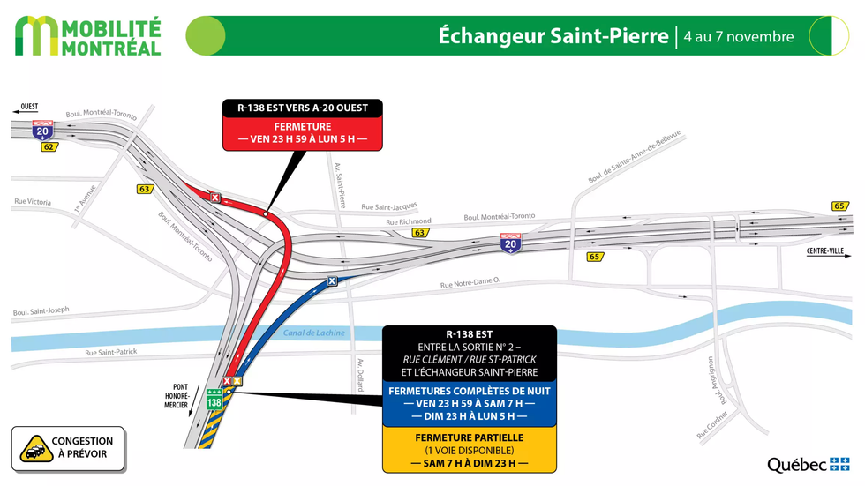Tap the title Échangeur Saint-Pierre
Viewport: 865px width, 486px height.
(x=553, y=36)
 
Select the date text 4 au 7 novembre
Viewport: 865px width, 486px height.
(x=738, y=37)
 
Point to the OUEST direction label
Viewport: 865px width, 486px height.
(x=28, y=108)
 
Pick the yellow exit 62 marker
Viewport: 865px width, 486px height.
(x=49, y=146)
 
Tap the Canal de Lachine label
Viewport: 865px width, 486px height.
(x=314, y=333)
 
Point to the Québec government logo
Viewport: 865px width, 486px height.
(x=808, y=465)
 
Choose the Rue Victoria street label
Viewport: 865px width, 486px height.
(x=33, y=202)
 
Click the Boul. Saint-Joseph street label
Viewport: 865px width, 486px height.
(x=41, y=311)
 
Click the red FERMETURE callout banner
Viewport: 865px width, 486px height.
(x=302, y=132)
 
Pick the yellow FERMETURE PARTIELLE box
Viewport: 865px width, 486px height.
(x=469, y=450)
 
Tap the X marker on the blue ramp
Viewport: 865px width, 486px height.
(x=332, y=281)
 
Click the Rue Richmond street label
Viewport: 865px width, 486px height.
(x=410, y=221)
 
